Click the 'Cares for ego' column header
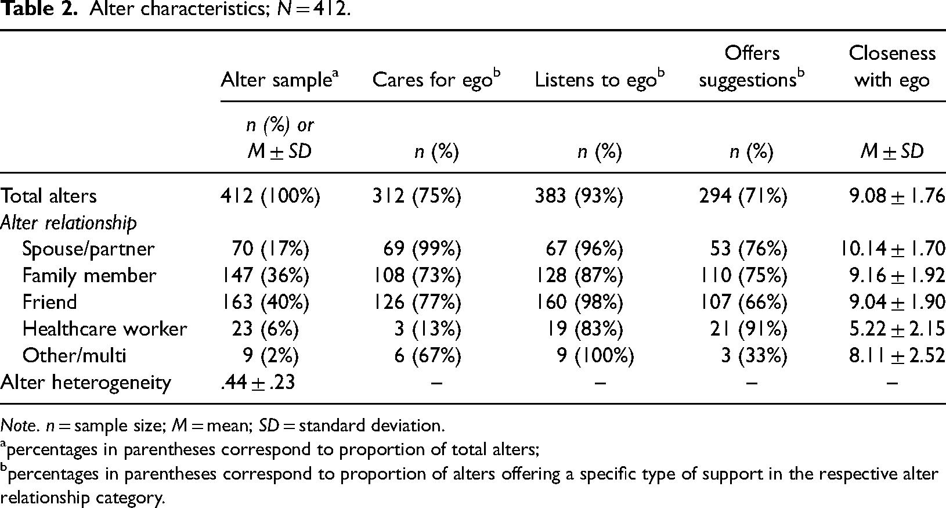436,79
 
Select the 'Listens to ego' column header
600,79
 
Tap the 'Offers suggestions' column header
752,66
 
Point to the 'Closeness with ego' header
892,66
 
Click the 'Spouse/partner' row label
88,249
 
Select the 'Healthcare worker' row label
104,329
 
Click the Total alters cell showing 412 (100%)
270,196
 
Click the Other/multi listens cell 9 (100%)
595,355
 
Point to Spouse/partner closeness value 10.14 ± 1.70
892,249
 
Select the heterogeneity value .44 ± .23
258,383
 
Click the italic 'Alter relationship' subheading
68,223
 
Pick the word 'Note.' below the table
20,425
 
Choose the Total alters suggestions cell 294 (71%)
743,196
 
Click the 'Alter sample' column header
280,79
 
